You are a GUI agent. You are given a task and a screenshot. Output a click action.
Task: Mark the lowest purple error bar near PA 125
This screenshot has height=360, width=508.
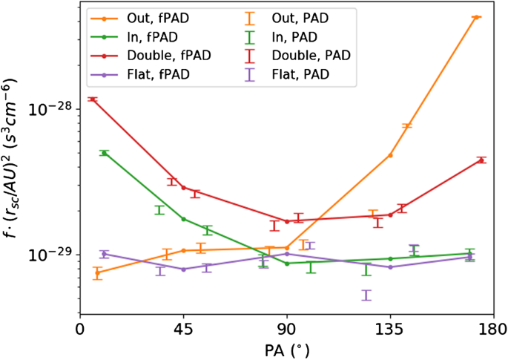[366, 295]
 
